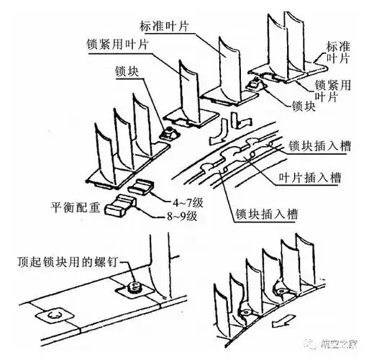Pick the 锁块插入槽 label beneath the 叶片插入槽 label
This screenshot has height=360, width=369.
pos(268,214)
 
